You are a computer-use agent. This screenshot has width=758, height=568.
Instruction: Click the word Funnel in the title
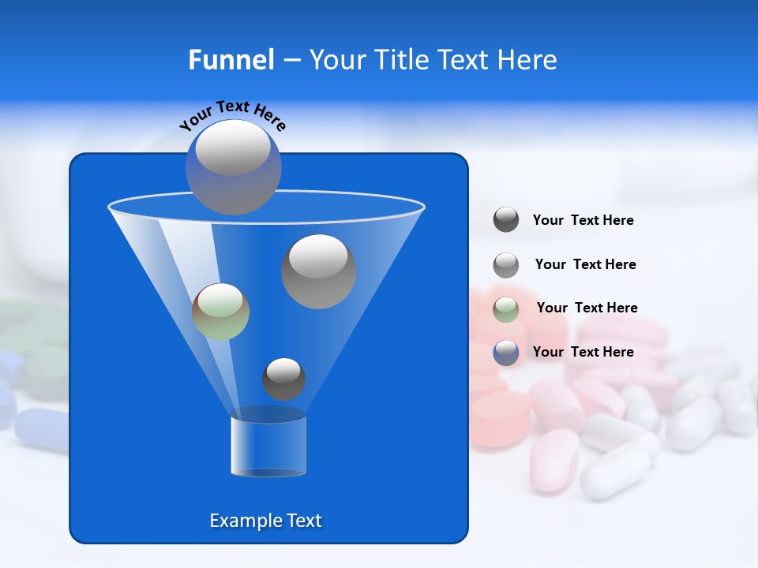[x=231, y=60]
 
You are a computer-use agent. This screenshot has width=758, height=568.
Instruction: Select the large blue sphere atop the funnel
[x=233, y=166]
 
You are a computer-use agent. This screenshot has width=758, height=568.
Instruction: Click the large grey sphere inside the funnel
[x=318, y=271]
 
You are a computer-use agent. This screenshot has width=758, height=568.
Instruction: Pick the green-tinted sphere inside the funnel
[x=220, y=312]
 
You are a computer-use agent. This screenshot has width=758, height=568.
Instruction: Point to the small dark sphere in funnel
[x=283, y=379]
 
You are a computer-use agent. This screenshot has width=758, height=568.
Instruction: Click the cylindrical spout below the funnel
[x=268, y=446]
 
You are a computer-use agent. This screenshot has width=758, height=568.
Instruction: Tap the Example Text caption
[x=265, y=521]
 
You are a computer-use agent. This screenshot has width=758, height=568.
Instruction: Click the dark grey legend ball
[x=506, y=220]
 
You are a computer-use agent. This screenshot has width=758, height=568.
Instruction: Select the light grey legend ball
[x=506, y=265]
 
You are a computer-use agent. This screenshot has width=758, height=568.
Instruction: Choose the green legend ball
[x=506, y=308]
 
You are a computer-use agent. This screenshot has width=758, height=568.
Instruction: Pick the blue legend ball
[x=506, y=353]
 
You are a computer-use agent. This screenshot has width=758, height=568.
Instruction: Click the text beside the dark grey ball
[x=583, y=221]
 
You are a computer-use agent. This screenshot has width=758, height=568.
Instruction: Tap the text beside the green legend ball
[x=587, y=308]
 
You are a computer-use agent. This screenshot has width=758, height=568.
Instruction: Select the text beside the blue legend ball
[x=583, y=352]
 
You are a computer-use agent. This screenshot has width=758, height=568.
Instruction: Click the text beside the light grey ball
[x=585, y=264]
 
